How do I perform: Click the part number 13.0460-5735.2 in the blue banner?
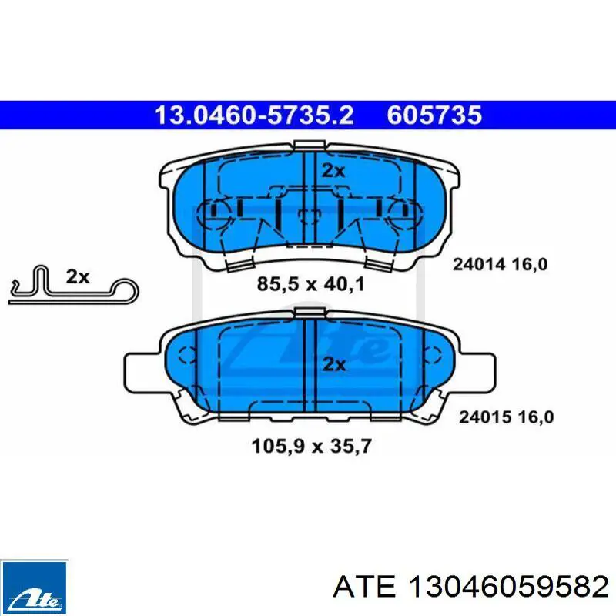[254, 115]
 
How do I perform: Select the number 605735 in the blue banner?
[434, 115]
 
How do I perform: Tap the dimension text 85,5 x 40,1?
[311, 283]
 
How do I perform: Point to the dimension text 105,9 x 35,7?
[311, 447]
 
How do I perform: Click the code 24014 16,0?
[500, 264]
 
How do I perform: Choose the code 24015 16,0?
[507, 417]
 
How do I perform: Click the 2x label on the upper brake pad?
[333, 171]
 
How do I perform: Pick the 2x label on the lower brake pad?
[334, 364]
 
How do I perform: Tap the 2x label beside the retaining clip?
[78, 277]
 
